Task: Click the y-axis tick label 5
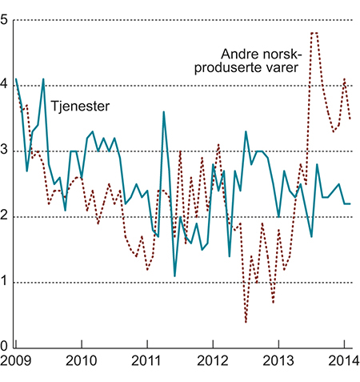(6, 21)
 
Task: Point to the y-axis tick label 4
(6, 86)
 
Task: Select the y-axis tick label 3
(6, 151)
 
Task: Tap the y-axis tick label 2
(6, 217)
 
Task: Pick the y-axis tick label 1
(6, 283)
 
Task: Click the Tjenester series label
(80, 106)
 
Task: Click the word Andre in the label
(238, 54)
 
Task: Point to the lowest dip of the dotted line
(246, 322)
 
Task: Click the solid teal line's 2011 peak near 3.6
(163, 112)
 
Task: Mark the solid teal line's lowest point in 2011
(174, 276)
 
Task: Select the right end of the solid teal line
(350, 203)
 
